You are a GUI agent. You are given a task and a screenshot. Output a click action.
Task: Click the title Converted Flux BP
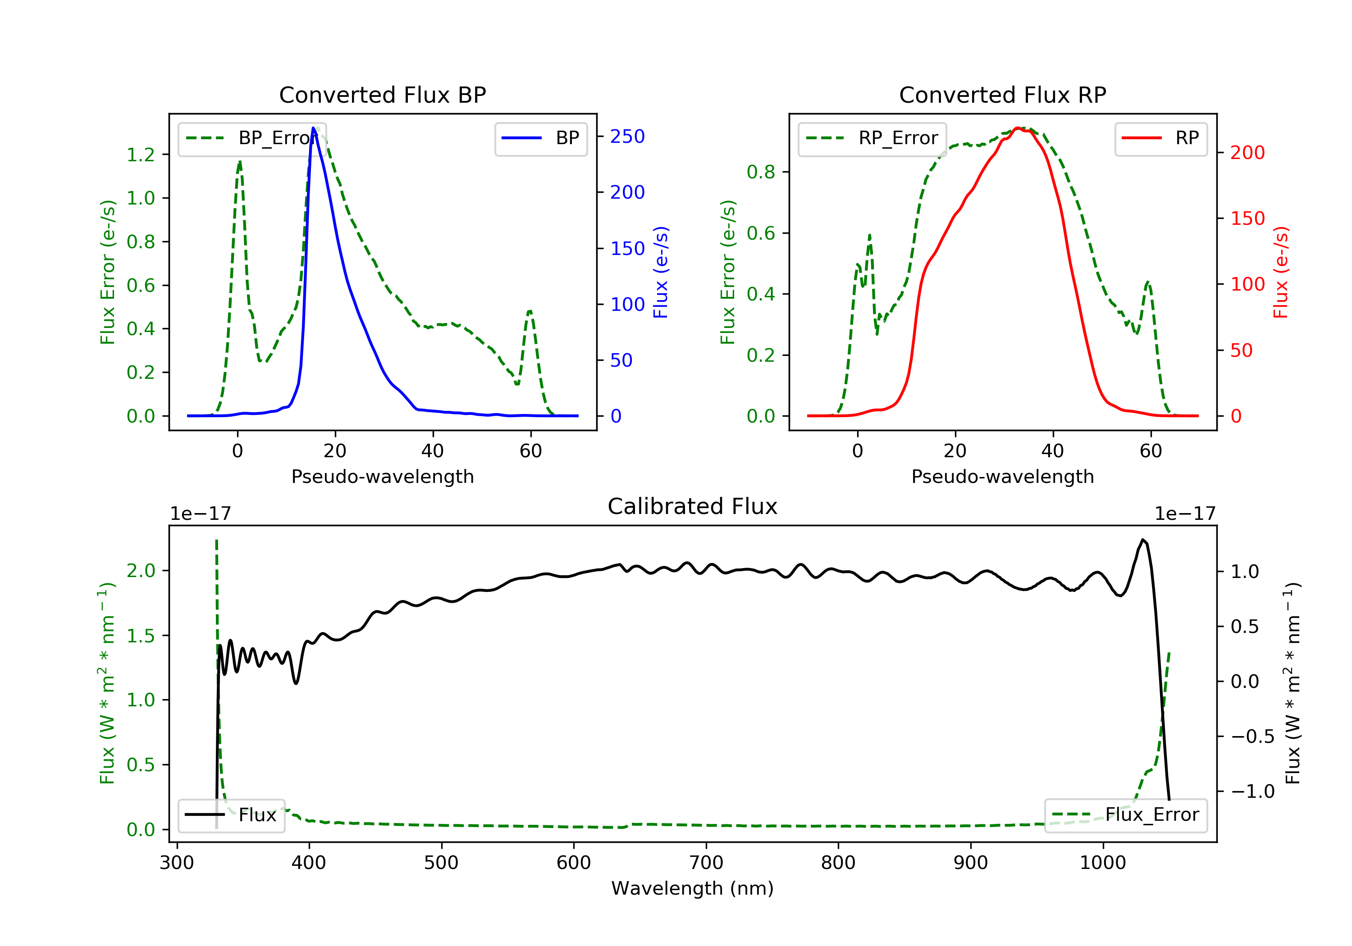pos(382,95)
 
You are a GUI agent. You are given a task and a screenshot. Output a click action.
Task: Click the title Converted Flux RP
pos(1002,95)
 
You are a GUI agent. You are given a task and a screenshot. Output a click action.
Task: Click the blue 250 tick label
pos(627,136)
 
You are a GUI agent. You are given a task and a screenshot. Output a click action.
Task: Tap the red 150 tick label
pos(1247,218)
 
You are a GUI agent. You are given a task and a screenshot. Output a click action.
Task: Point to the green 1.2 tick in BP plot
pos(141,155)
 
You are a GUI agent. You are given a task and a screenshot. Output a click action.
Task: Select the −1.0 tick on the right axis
pos(1252,792)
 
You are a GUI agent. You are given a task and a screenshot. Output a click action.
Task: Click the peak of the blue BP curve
pos(313,128)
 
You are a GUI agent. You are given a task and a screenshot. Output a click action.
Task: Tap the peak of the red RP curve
pos(1017,128)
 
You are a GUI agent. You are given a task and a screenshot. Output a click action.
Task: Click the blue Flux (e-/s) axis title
pos(661,272)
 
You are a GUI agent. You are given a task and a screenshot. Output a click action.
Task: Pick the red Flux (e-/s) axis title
pos(1281,272)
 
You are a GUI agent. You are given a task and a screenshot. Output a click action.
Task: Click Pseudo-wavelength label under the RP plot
pos(1002,476)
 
